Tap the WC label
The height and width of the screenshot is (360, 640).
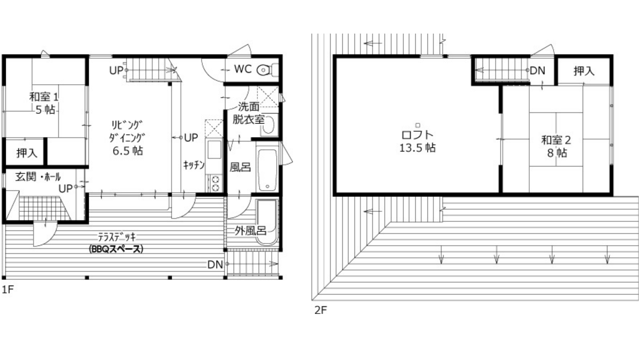point(243,69)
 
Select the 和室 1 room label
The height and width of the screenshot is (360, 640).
point(44,97)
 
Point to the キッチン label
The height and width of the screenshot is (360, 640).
point(194,165)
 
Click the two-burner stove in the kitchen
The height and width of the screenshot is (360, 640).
point(215,183)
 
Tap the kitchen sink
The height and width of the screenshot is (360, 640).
point(214,149)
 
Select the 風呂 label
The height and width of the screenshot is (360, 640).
point(240,167)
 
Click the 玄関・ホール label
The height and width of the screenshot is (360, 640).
point(38,176)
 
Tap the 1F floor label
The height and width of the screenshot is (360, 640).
point(8,289)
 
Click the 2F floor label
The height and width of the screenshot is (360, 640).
point(321,310)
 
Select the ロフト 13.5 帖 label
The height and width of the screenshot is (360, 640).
point(417,141)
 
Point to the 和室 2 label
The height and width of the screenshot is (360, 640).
point(556,140)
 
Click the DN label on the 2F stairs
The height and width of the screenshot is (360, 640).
point(538,70)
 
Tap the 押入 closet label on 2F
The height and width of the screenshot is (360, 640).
point(584,71)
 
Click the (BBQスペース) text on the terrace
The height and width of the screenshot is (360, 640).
point(116,249)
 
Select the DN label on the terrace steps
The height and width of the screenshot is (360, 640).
point(215,264)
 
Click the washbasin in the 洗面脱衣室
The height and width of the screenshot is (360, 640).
point(268,125)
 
